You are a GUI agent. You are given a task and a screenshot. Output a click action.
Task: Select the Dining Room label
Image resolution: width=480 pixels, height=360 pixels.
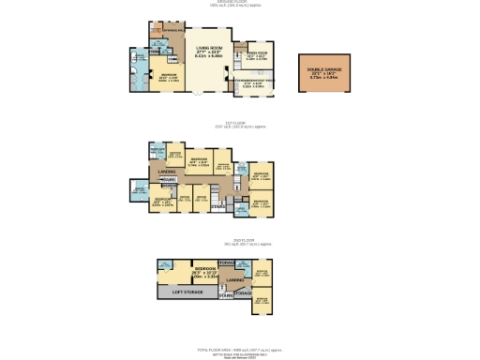256,53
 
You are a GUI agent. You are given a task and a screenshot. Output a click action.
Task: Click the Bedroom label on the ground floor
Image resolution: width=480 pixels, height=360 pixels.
169,74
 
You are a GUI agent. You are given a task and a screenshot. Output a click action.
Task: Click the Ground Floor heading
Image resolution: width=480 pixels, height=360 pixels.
239,3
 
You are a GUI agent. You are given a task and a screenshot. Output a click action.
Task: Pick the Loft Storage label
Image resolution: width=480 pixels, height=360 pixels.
188,291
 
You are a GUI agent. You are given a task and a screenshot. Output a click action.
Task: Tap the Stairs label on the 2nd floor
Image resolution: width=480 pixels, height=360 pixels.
225,296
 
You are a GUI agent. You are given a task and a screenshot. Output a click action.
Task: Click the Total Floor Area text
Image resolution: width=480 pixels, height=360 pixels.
239,348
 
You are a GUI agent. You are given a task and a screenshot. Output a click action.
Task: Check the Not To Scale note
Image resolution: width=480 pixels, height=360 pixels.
239,352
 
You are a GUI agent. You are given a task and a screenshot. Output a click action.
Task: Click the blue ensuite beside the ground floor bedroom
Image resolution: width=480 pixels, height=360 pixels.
139,73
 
